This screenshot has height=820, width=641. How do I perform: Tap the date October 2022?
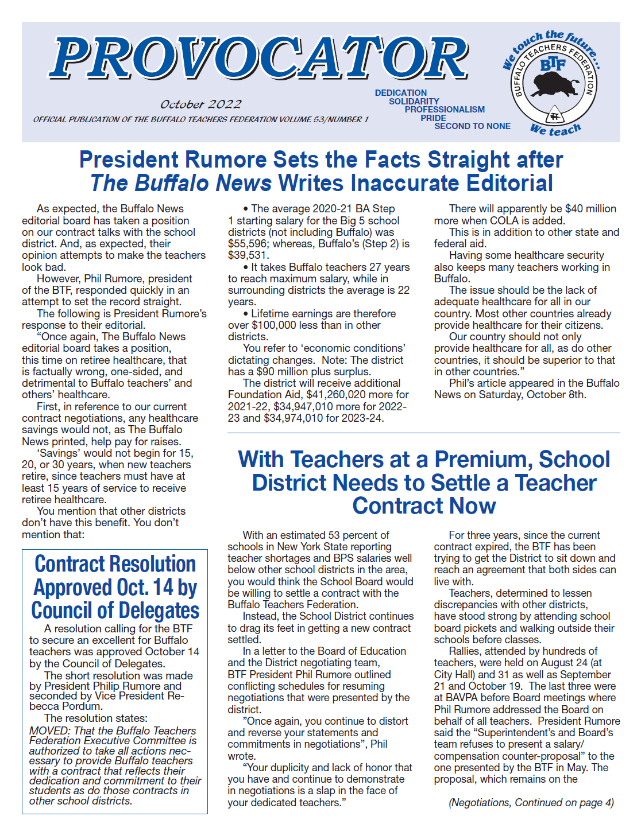[200, 104]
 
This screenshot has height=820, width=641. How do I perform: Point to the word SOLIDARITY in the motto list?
[414, 102]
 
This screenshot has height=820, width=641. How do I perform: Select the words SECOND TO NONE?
[472, 126]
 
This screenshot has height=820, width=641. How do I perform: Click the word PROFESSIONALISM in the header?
[444, 110]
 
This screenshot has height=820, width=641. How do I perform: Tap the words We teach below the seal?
[555, 130]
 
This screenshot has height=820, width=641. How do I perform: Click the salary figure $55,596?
[248, 244]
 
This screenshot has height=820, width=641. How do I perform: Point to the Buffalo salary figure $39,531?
[248, 255]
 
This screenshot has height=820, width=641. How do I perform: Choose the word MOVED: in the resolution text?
[50, 731]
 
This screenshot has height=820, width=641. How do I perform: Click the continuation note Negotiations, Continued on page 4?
[531, 803]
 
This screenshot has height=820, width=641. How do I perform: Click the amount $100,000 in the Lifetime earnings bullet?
[274, 325]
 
